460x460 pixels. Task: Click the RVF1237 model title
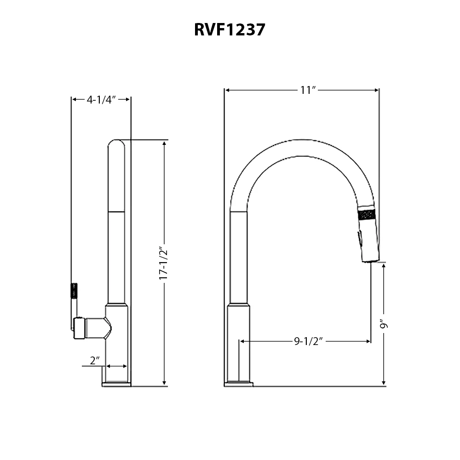click(x=230, y=29)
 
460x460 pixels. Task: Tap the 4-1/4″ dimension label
click(x=101, y=100)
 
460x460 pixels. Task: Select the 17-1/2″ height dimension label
click(x=163, y=263)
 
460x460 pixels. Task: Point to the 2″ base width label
click(x=95, y=360)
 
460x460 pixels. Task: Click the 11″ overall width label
click(x=308, y=90)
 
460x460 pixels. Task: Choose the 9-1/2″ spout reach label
click(x=308, y=341)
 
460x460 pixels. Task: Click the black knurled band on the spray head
click(x=367, y=215)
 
